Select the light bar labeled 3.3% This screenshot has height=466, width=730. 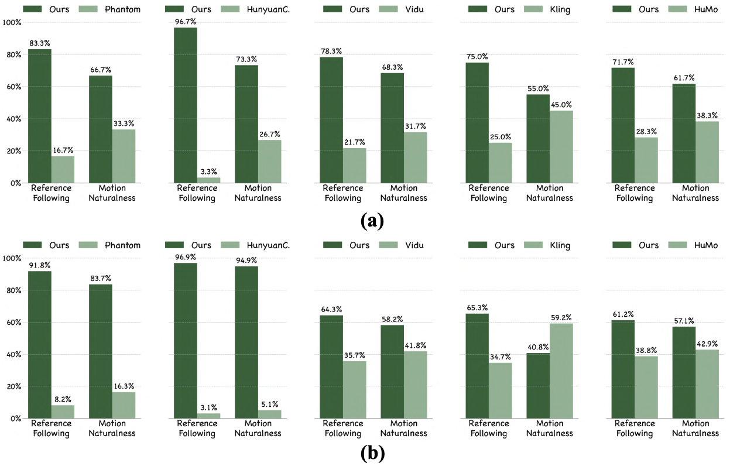click(208, 180)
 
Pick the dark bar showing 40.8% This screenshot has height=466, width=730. click(537, 386)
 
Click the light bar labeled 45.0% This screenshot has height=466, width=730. click(561, 147)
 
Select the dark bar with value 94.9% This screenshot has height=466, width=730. click(246, 342)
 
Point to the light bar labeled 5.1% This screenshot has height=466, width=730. click(269, 414)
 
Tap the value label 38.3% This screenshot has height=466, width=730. click(707, 116)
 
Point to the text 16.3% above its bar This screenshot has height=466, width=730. click(124, 386)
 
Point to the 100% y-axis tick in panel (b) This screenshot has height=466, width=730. click(12, 258)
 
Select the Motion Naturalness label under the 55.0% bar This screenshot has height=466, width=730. click(549, 193)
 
